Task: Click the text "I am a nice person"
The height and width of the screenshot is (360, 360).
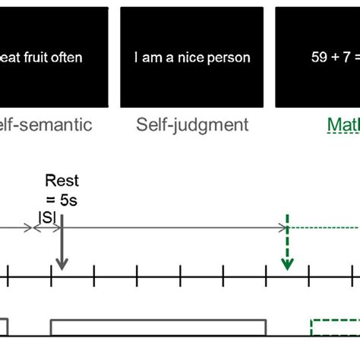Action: pyautogui.click(x=192, y=57)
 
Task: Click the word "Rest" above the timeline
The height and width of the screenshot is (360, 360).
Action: pyautogui.click(x=62, y=181)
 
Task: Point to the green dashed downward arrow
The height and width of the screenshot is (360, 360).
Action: pyautogui.click(x=287, y=247)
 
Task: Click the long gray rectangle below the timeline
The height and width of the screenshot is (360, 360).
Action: pyautogui.click(x=158, y=327)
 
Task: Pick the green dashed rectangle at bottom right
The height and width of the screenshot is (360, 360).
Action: pyautogui.click(x=335, y=327)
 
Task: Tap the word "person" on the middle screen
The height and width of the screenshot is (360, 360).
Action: pyautogui.click(x=231, y=57)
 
